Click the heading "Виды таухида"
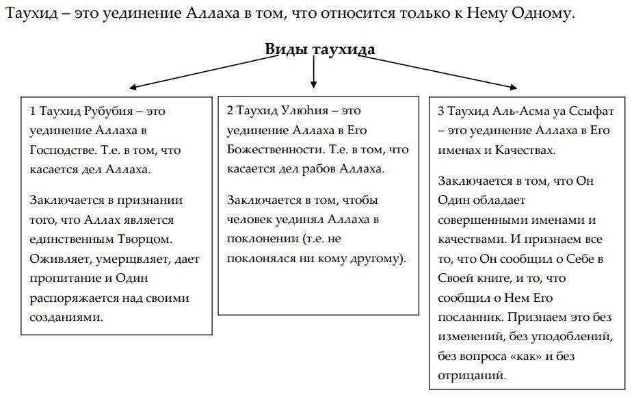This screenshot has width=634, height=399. click(319, 50)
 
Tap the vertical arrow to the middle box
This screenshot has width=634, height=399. click(314, 73)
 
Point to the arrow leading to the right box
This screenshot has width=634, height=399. click(438, 71)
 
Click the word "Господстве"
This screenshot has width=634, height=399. click(60, 150)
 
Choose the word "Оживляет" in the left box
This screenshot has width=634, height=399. click(58, 259)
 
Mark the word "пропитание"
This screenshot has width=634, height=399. click(64, 279)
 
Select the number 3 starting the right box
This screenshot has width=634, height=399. click(441, 111)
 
